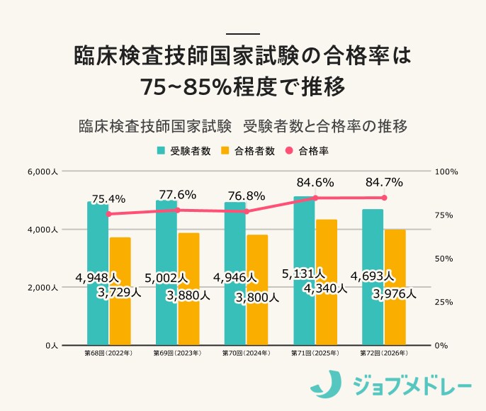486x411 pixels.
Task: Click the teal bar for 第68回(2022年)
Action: (98, 312)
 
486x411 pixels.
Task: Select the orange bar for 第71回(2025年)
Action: (326, 319)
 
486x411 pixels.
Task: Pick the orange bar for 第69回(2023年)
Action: (188, 319)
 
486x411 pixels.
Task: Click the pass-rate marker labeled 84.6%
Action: (315, 198)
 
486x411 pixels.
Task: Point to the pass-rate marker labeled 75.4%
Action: (108, 213)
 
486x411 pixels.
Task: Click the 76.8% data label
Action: (246, 196)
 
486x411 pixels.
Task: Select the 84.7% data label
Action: (384, 182)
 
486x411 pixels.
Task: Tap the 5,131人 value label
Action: (303, 273)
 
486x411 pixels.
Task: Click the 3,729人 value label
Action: (120, 291)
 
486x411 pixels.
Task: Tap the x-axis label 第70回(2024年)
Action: (246, 352)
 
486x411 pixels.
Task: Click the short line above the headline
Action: (242, 33)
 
